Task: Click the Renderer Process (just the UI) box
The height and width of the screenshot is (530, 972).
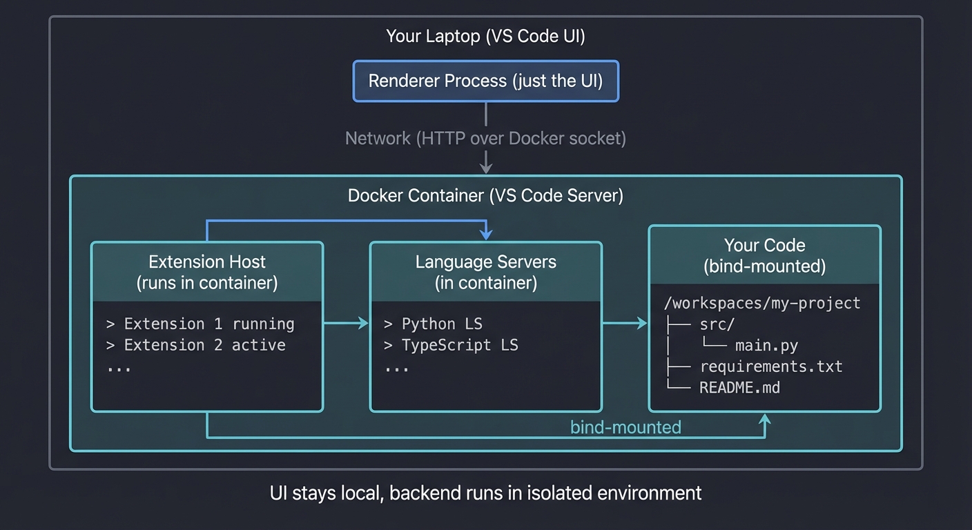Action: click(x=485, y=81)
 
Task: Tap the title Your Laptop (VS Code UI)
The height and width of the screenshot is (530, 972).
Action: click(x=485, y=37)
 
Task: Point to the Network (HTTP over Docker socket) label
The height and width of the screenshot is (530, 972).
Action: click(x=485, y=138)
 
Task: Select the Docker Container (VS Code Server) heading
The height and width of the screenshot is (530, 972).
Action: click(x=485, y=195)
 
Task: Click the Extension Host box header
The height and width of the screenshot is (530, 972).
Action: click(x=207, y=272)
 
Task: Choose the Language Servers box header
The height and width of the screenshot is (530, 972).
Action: click(x=485, y=272)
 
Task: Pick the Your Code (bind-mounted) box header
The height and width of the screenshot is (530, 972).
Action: click(x=764, y=255)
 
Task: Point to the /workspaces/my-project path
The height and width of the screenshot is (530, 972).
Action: click(x=761, y=303)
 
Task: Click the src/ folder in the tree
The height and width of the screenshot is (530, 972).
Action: click(x=717, y=324)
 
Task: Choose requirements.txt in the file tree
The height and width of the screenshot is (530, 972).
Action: click(x=770, y=366)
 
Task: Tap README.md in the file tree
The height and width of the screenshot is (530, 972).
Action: click(x=739, y=387)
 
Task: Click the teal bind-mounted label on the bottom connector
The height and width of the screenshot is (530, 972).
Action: click(x=625, y=427)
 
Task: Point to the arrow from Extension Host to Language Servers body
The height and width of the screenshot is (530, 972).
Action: click(x=346, y=324)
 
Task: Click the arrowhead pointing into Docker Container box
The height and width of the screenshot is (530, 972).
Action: click(x=486, y=168)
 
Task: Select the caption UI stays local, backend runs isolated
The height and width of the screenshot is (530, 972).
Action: click(x=485, y=493)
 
